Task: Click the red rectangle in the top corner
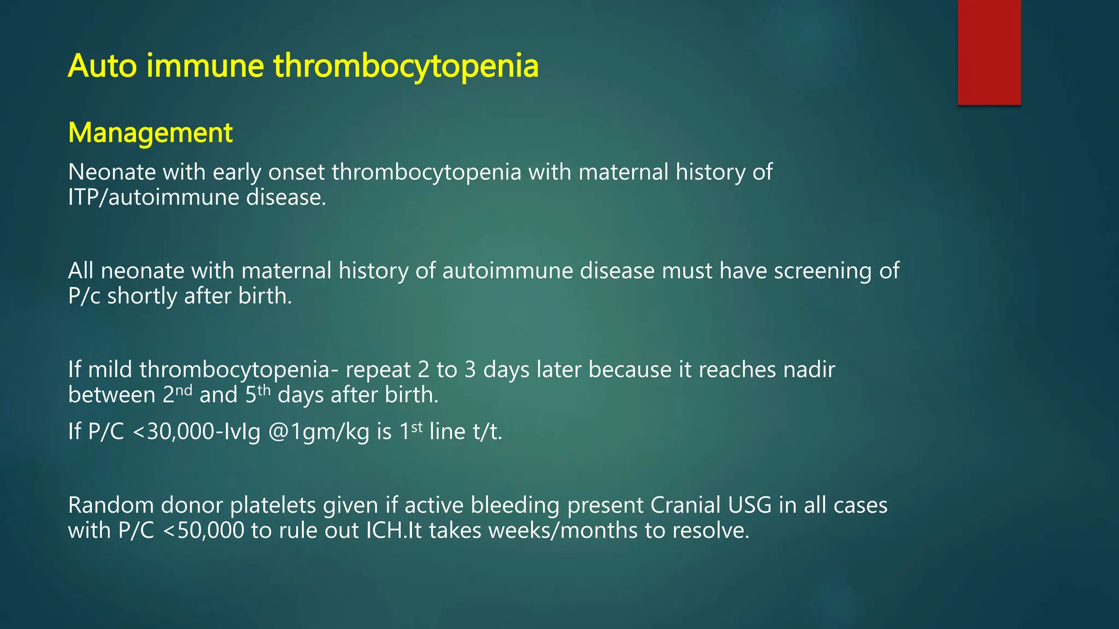point(989,52)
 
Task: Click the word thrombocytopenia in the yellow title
point(405,66)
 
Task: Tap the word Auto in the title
point(102,66)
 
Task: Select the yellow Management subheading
point(150,133)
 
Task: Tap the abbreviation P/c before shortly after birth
point(84,296)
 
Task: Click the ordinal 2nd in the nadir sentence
point(177,394)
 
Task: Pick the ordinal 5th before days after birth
point(257,394)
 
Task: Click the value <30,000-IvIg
point(196,432)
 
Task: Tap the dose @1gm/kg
point(319,432)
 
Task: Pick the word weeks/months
point(563,531)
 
